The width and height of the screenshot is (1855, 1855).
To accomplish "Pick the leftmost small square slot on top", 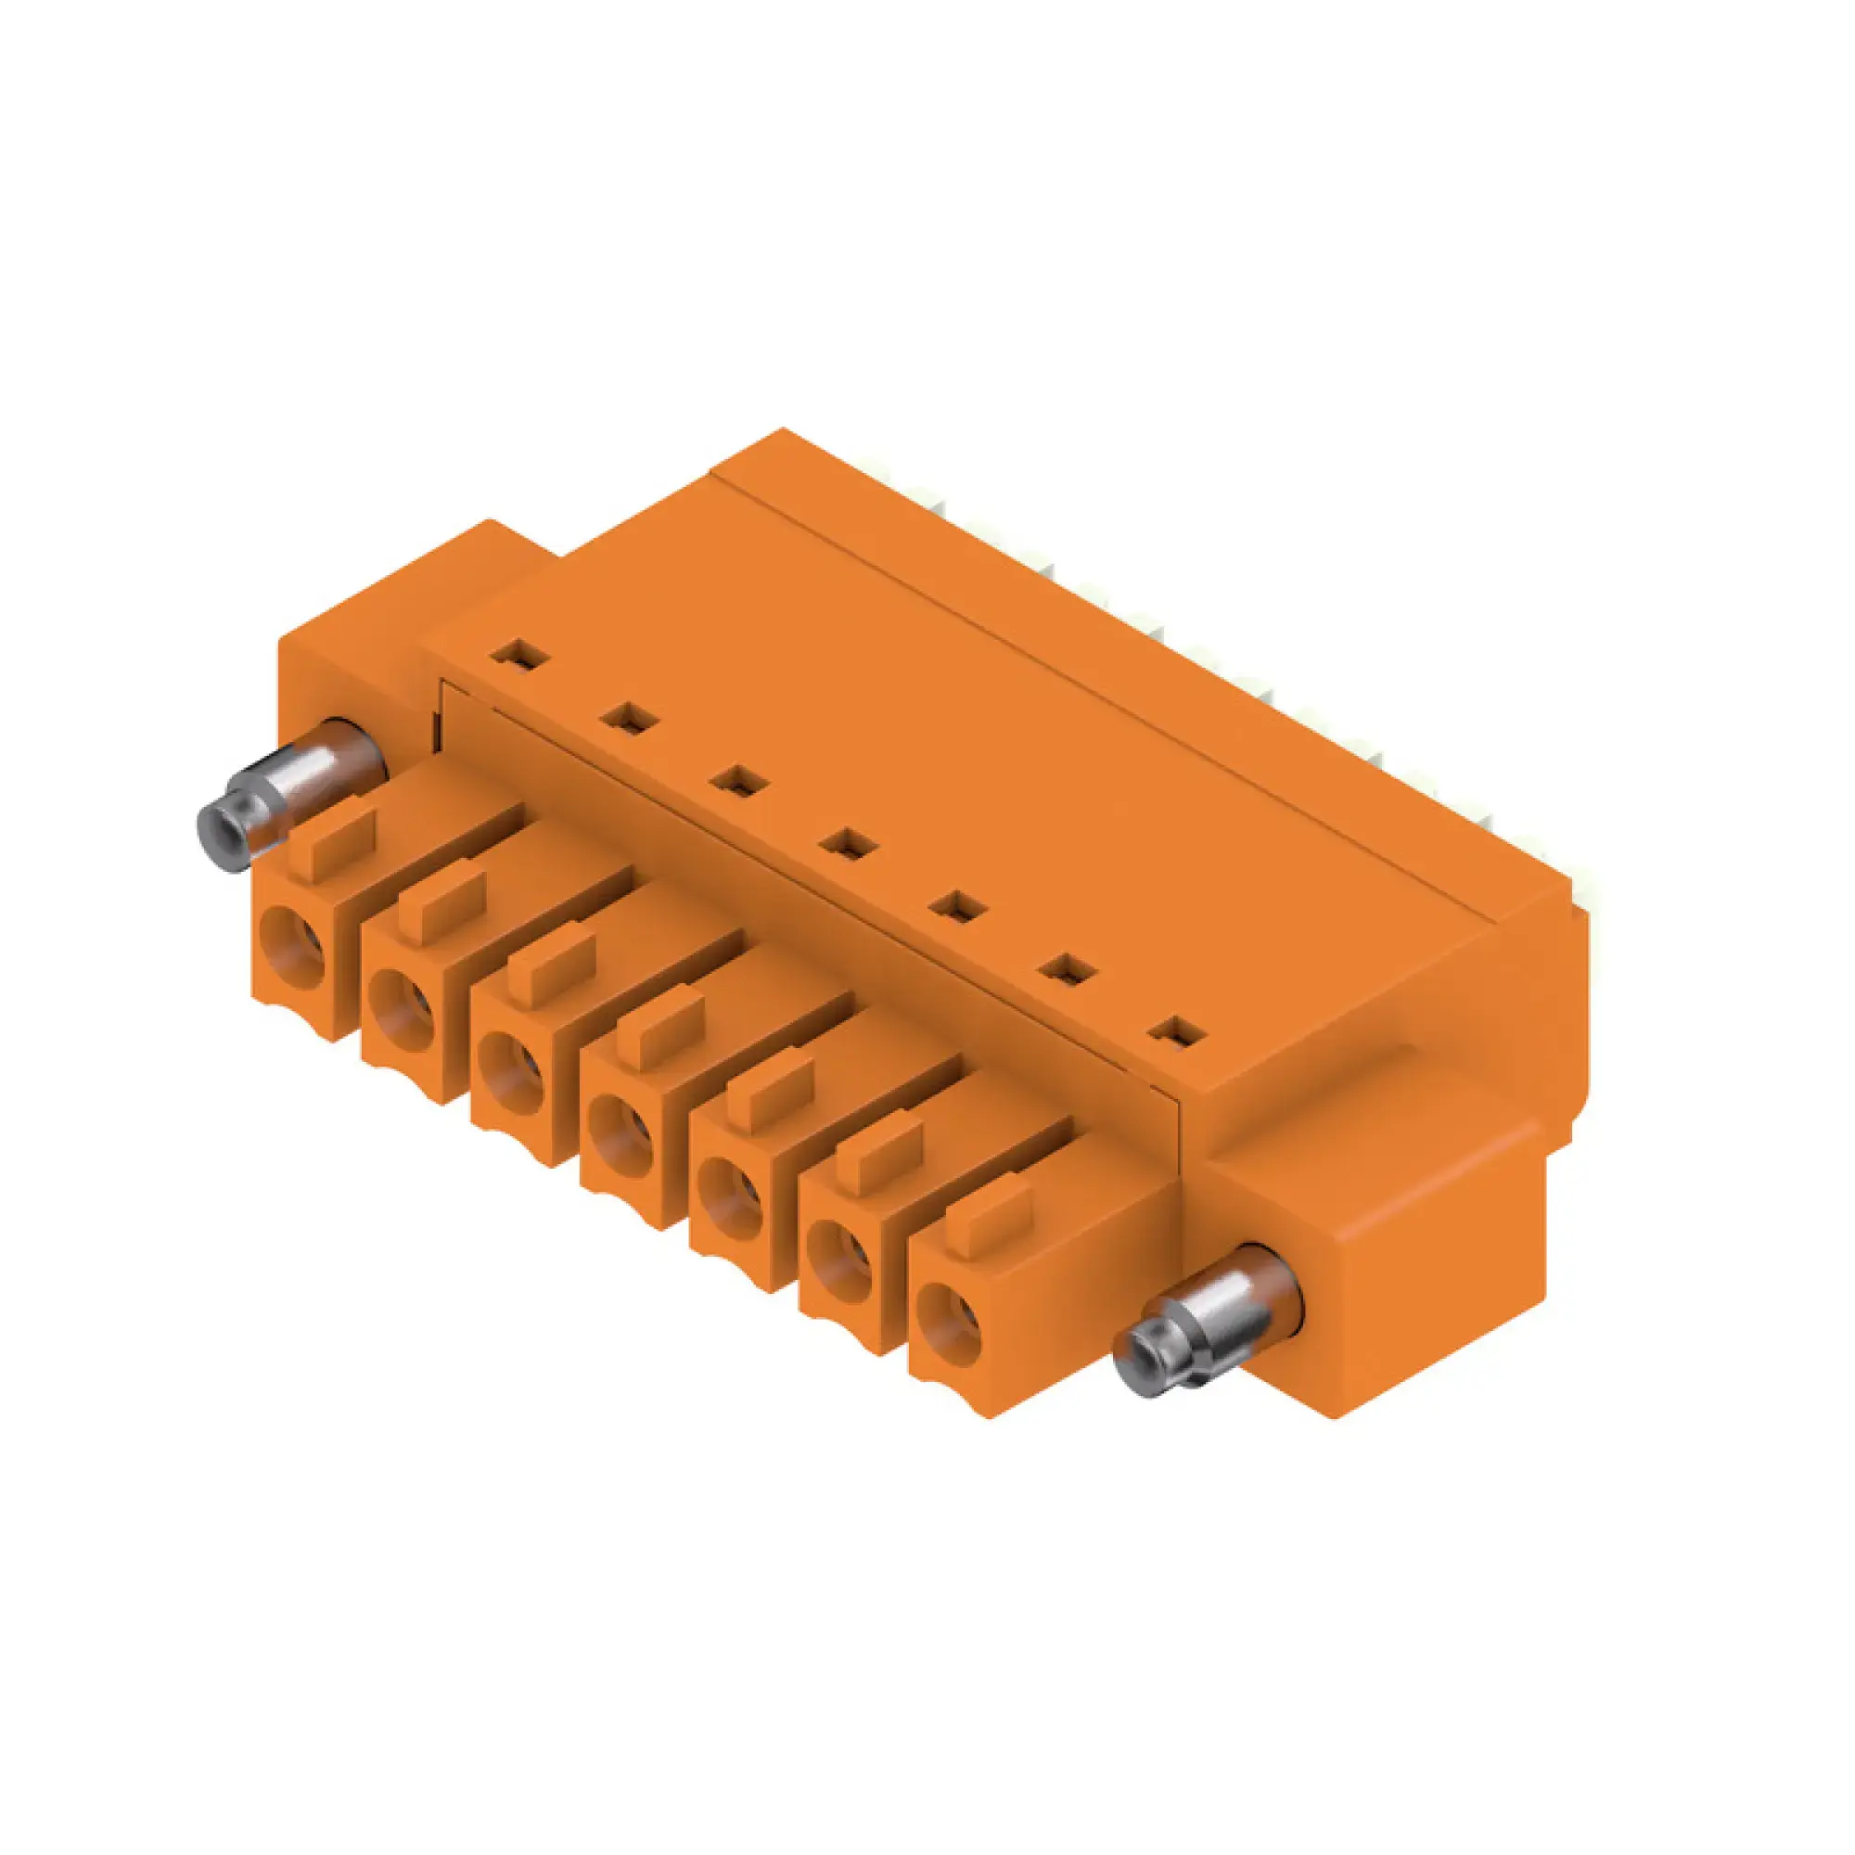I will [519, 657].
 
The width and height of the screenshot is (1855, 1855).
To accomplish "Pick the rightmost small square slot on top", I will [1178, 1033].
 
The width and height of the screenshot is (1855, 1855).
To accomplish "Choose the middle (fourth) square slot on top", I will [849, 845].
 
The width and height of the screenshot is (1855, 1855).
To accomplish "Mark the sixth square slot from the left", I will [1068, 970].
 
